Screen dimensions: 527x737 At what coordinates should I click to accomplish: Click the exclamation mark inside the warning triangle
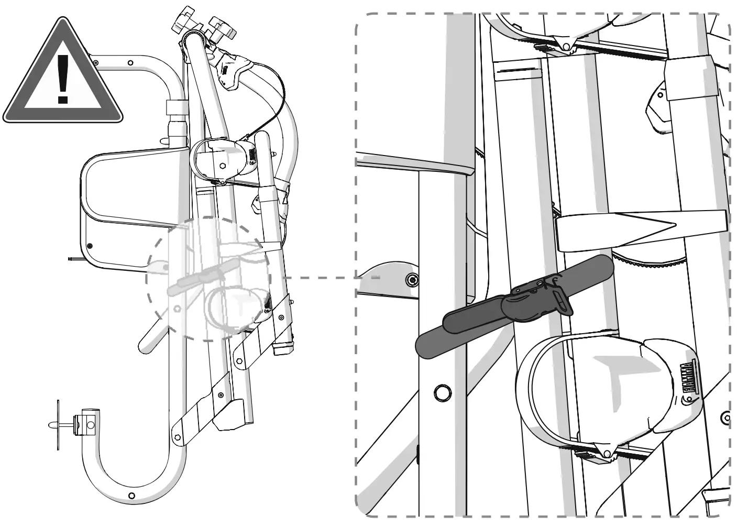tap(63, 79)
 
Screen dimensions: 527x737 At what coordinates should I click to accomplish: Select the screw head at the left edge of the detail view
tap(413, 280)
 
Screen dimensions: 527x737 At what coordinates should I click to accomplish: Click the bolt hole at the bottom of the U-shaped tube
tap(131, 496)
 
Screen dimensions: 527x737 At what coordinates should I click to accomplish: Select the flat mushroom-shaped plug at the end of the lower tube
tap(55, 425)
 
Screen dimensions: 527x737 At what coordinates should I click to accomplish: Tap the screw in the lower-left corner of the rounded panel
tap(91, 245)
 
